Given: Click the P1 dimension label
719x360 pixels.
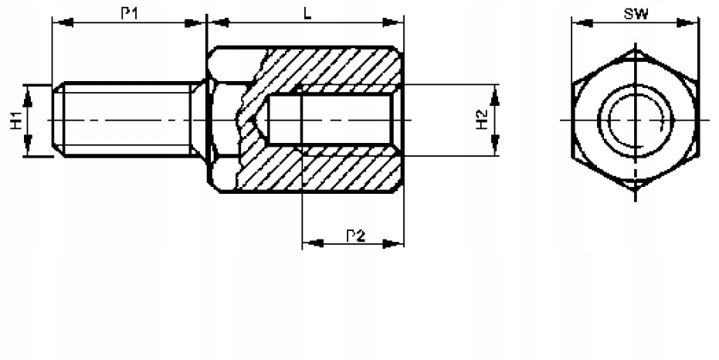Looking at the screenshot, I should pos(131,14).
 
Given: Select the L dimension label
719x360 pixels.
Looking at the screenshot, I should pos(307,14).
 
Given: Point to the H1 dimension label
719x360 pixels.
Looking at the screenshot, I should pos(15,120).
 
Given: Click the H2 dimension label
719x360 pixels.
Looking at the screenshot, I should pos(482,120).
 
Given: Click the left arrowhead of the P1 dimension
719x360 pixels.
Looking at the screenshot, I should pos(59,23).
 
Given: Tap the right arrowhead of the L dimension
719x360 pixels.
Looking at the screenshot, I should pos(397,23).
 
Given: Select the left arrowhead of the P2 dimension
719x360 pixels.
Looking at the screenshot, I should pos(309,244).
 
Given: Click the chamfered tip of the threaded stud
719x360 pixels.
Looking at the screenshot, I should pos(56,120).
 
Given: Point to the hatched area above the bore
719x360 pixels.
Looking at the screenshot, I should pos(332,66).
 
